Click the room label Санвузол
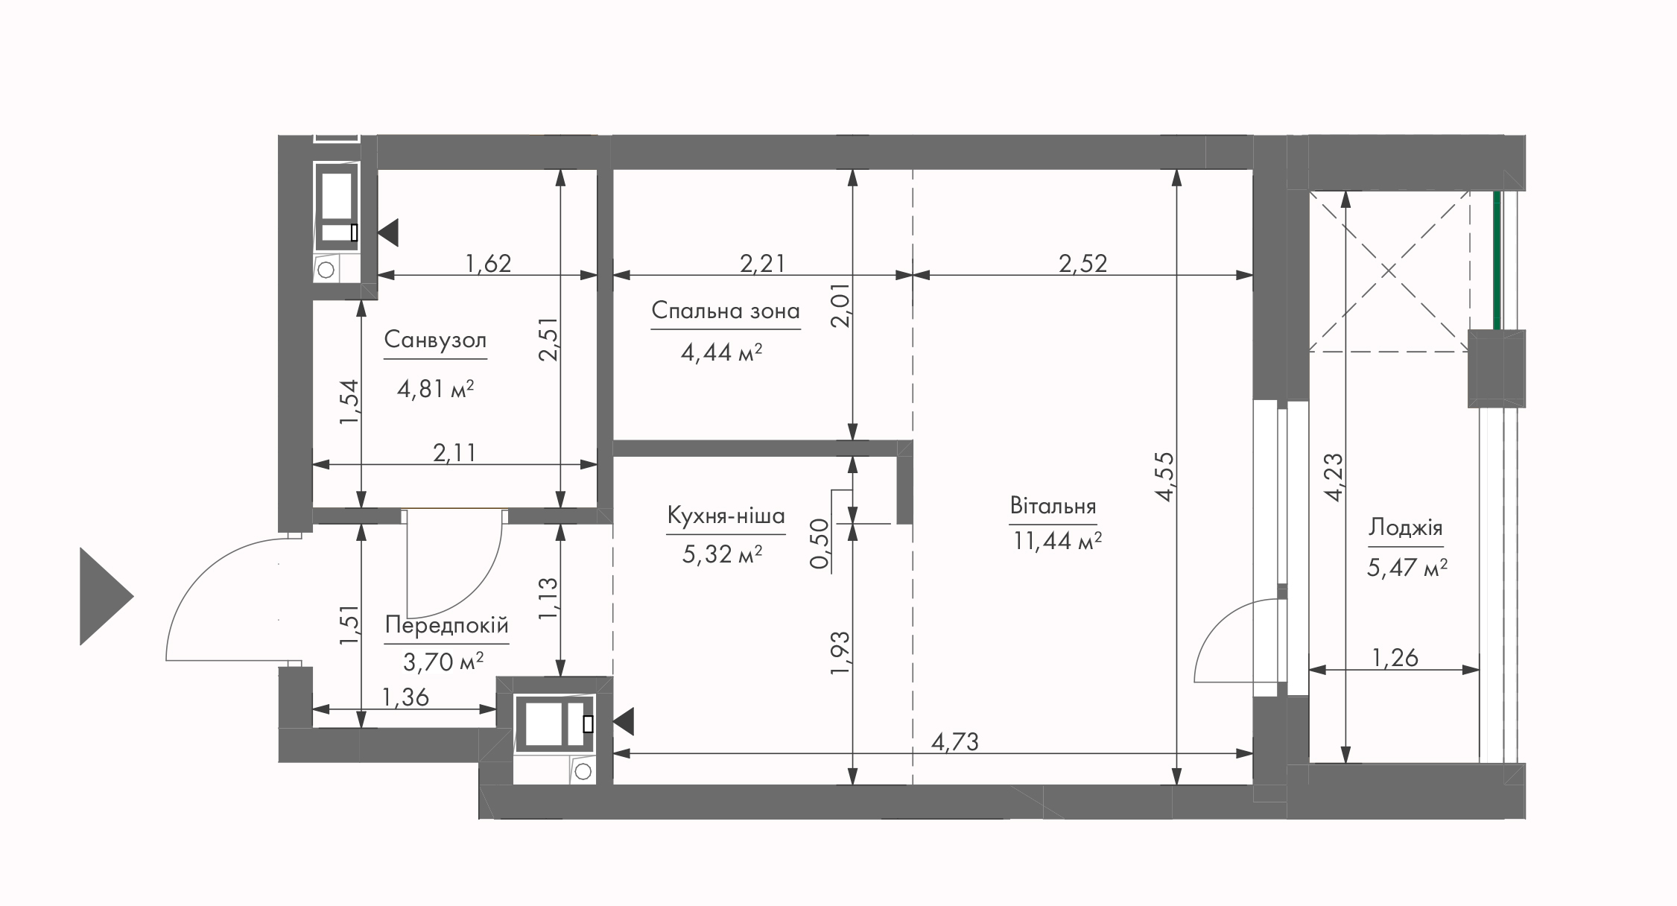pos(435,340)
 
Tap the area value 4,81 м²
pos(436,389)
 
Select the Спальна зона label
pos(726,311)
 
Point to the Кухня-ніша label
pos(726,516)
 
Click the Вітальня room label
pos(1053,507)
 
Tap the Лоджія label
pos(1405,528)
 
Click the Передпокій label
pos(447,626)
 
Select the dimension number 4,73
pos(954,741)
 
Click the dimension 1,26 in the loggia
pos(1395,657)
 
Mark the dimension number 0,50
pos(819,544)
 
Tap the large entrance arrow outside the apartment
pos(107,596)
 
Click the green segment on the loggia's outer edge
pos(1496,260)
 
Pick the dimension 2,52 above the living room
pos(1083,263)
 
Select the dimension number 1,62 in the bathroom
pos(488,263)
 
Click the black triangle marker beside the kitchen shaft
pos(623,722)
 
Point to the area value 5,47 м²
pos(1407,568)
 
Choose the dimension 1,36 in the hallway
pos(405,697)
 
